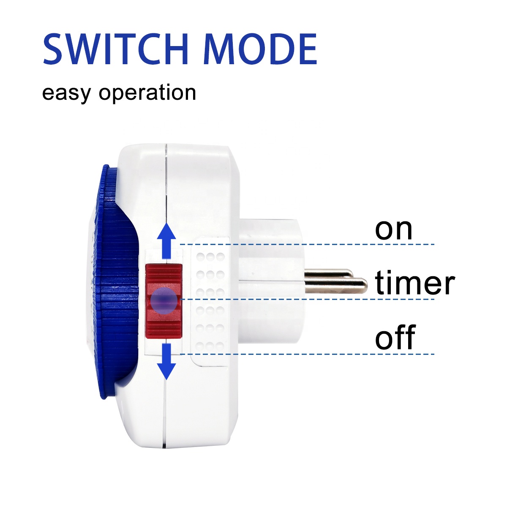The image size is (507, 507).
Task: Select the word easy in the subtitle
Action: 66,93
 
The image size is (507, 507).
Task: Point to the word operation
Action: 147,93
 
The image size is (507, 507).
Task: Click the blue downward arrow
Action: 167,361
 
